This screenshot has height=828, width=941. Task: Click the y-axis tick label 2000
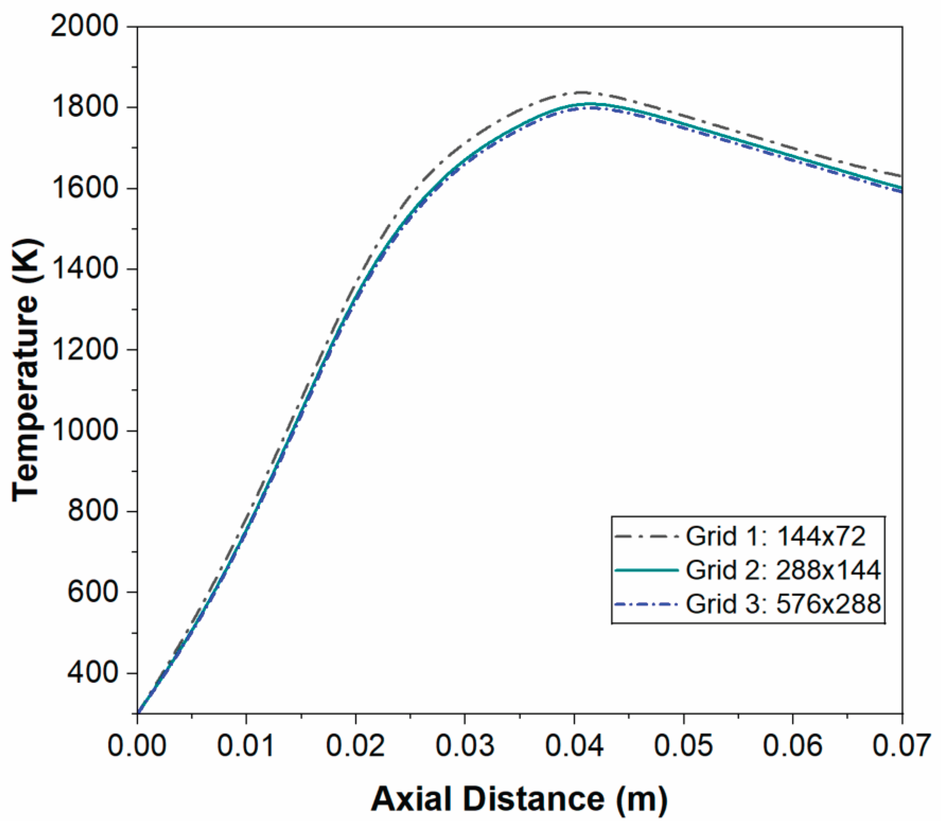coord(84,26)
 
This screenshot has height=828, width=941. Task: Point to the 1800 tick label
coord(84,107)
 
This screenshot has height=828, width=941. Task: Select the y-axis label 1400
coord(84,269)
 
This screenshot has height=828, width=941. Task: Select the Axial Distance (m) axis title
coord(519,799)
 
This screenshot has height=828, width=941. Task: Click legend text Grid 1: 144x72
coord(776,536)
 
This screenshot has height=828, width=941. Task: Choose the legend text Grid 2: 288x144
coord(783,570)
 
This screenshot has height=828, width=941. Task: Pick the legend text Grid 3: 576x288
coord(783,604)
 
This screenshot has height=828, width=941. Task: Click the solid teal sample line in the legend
coord(646,570)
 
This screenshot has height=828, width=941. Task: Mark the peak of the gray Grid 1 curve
coord(582,93)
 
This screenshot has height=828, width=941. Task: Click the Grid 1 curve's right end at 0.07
coord(902,176)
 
